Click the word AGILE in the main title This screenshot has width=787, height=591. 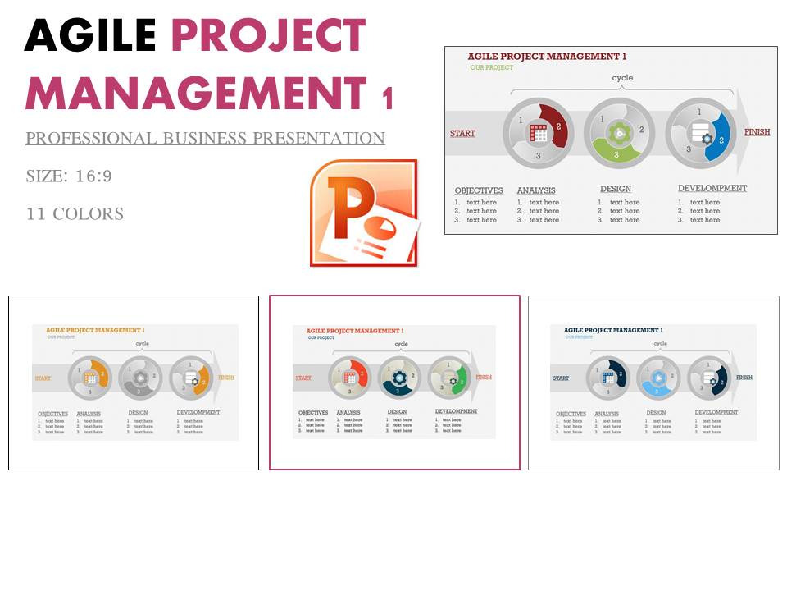pos(90,36)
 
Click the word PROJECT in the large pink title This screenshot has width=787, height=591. pos(268,36)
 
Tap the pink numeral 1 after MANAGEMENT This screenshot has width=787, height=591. pos(387,99)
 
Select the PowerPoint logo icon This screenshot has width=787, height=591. pos(363,213)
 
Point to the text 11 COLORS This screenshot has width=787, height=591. pos(75,214)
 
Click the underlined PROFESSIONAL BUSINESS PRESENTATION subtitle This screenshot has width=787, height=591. pos(205,139)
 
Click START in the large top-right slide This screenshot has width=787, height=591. pos(462,133)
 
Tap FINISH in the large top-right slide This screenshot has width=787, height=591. pos(757,132)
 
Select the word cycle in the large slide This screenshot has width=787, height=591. pos(623,78)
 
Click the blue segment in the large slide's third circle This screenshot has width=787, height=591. pos(720,135)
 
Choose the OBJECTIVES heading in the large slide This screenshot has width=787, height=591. pos(479,190)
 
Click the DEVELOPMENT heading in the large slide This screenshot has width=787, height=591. pos(712,188)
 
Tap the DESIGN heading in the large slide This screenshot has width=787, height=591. pos(616,189)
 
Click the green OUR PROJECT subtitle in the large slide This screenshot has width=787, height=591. pos(492,67)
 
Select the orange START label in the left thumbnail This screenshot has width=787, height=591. pos(42,378)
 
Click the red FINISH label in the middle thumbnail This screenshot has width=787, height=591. pos(484,377)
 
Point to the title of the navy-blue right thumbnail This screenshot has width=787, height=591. pos(613,330)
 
